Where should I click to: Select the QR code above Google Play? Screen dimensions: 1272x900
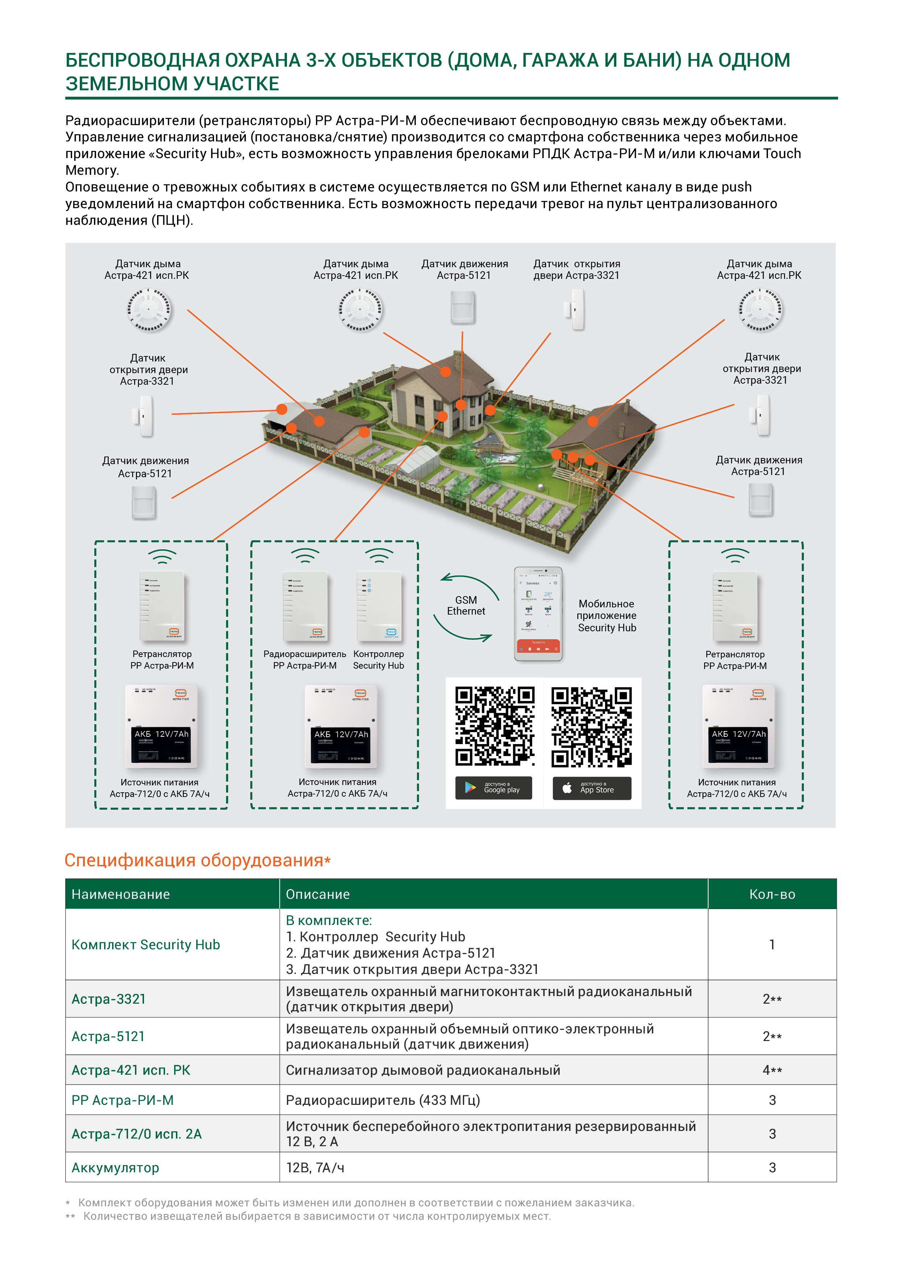point(494,726)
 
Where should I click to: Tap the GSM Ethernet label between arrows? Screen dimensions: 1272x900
point(466,606)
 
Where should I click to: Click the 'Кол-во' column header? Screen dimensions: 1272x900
point(772,894)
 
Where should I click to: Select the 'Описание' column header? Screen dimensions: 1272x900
point(317,894)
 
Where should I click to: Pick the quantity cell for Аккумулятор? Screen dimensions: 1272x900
point(772,1167)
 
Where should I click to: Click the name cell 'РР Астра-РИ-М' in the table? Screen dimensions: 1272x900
point(123,1100)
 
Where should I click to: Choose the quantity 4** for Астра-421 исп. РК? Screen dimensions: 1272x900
point(772,1070)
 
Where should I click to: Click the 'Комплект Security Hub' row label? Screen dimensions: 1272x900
point(146,945)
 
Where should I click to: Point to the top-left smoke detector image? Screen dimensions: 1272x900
point(148,310)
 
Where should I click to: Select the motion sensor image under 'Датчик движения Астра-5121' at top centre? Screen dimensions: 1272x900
point(463,307)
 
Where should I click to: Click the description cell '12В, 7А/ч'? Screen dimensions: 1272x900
point(315,1167)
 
